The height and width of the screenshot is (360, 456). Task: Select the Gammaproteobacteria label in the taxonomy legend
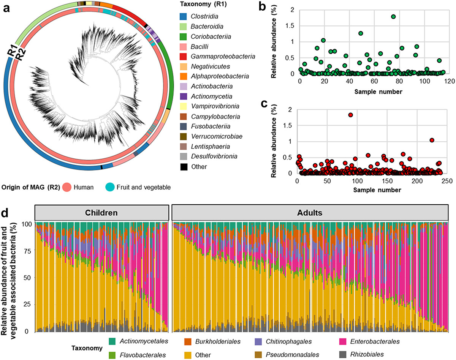tap(221, 56)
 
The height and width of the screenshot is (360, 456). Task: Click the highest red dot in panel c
tap(350, 115)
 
